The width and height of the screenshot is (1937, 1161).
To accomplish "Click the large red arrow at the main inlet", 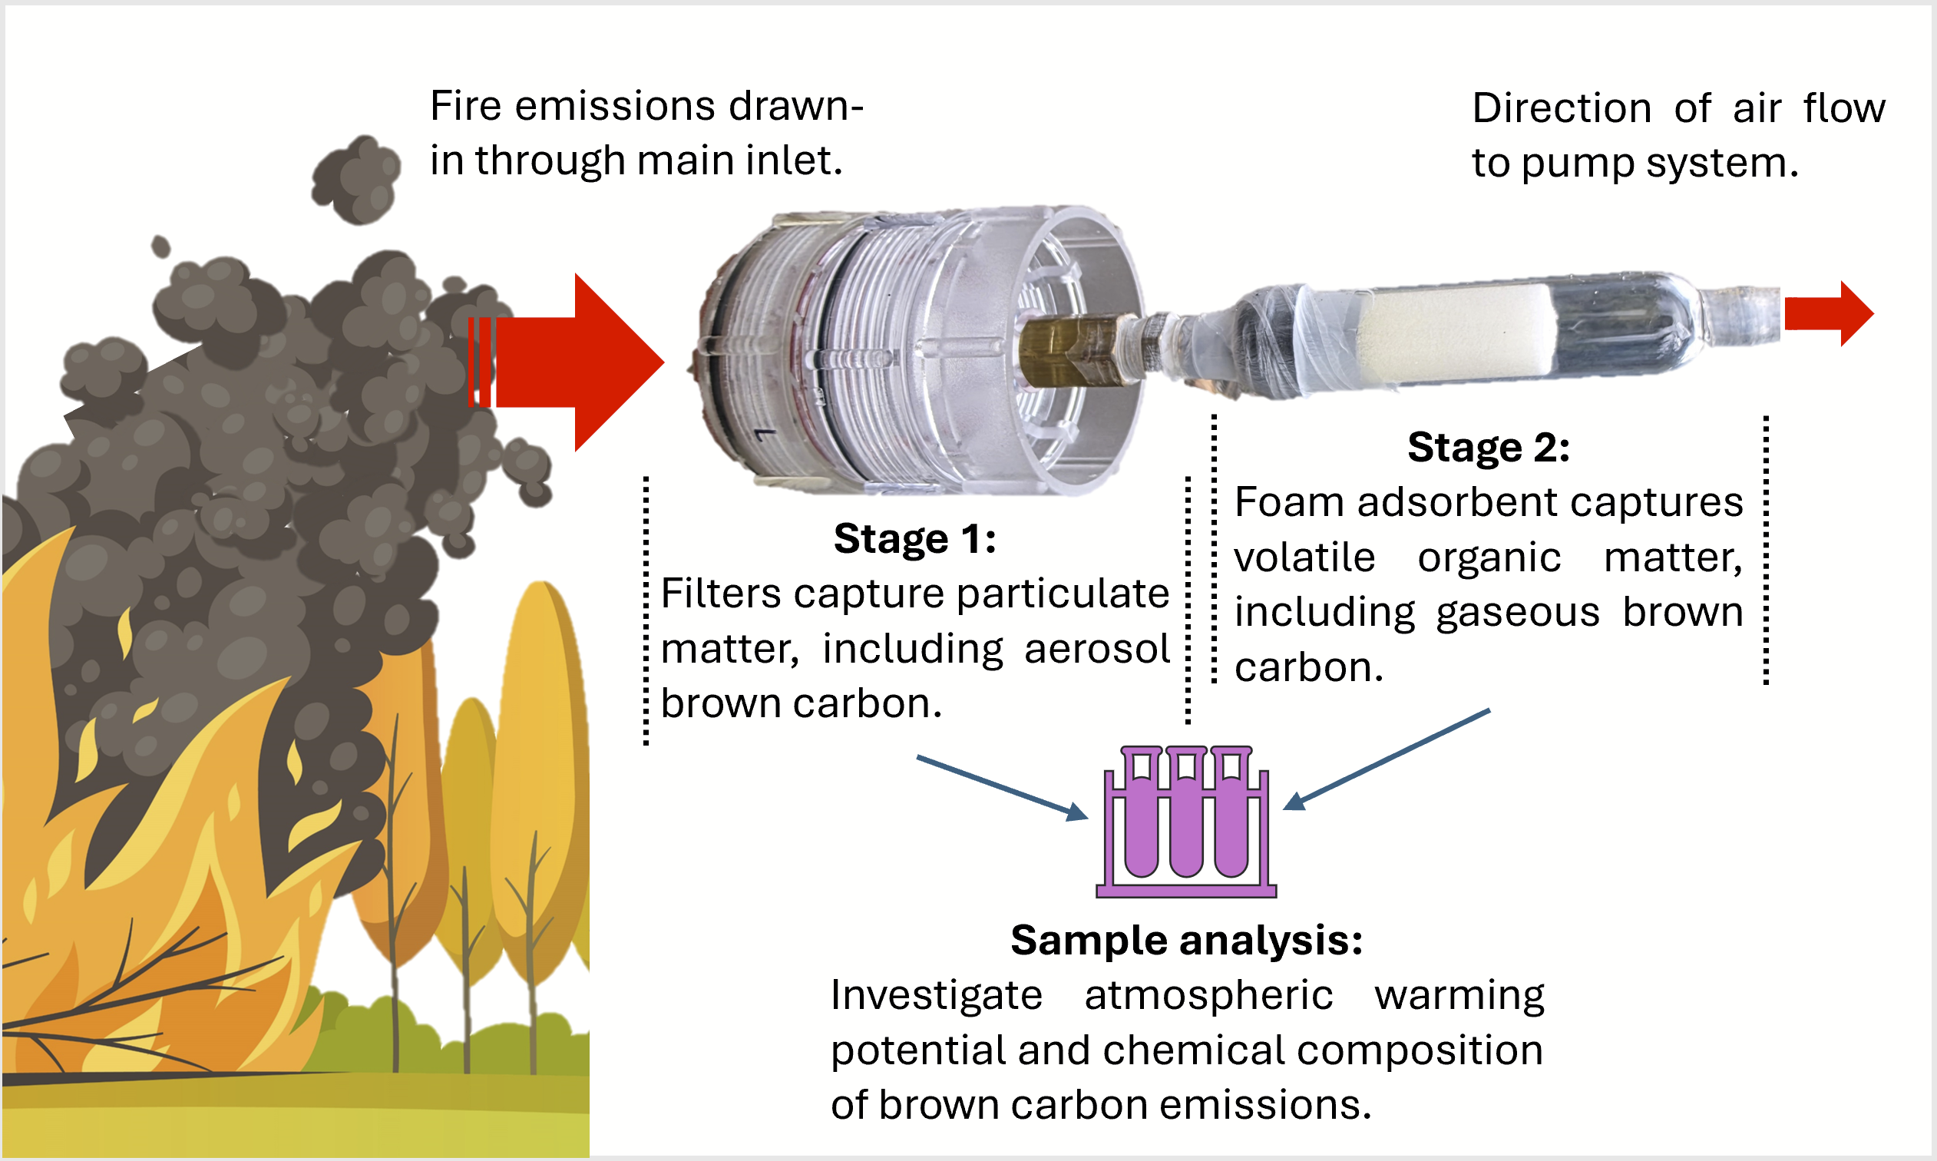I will coord(579,362).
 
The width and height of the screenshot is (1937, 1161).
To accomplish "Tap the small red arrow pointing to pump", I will coord(1826,313).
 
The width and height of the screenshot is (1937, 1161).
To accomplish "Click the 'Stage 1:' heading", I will coord(914,539).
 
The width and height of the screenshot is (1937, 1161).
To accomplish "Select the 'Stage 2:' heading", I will coord(1488,448).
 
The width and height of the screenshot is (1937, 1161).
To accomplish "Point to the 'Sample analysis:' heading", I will coord(1186,941).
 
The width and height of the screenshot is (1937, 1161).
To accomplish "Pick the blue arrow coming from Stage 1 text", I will coord(1001,787).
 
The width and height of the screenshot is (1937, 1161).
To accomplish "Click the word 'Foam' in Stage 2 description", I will coord(1286,502).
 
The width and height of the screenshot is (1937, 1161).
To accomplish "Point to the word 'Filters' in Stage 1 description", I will coord(721,594).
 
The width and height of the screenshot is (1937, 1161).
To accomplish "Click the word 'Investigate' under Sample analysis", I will coord(936,996).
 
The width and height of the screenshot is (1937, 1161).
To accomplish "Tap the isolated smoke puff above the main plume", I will coord(357,179).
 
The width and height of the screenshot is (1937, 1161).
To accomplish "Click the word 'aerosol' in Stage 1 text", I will coord(1096,650).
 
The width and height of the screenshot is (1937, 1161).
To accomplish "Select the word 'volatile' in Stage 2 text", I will coord(1304,557).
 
